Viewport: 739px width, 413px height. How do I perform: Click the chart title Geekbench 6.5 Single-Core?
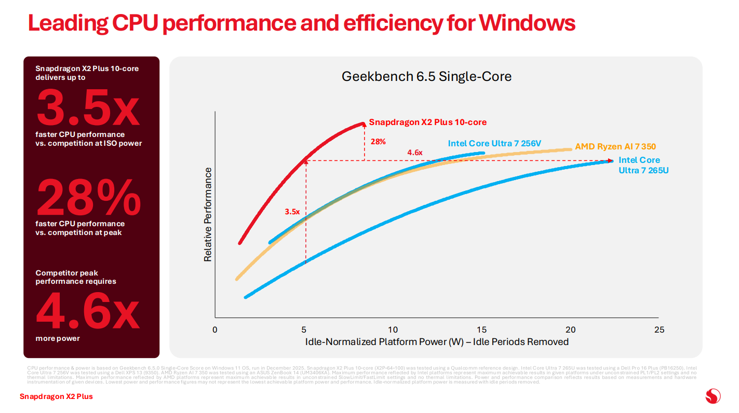426,77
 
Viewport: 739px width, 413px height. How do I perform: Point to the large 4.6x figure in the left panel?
87,310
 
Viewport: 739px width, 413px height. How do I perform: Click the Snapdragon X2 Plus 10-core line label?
427,122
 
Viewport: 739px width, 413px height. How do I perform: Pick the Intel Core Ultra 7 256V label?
494,143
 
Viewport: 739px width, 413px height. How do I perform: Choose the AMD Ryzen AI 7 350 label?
615,147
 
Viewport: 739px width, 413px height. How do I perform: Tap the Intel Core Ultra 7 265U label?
643,165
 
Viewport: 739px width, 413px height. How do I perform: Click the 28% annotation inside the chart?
378,141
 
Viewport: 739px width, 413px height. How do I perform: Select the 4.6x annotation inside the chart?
414,153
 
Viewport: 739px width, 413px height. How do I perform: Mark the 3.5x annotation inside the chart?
292,212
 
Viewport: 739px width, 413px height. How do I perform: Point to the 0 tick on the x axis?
215,330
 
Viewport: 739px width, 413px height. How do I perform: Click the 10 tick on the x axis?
393,330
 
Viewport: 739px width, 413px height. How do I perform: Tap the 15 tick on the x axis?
481,330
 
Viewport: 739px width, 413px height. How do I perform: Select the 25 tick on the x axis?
659,330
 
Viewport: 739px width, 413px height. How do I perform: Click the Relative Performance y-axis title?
208,214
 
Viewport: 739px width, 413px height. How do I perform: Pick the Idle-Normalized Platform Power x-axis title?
437,342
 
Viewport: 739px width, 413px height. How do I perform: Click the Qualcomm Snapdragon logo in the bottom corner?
713,396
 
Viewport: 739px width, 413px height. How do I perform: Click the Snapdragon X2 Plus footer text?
56,396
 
